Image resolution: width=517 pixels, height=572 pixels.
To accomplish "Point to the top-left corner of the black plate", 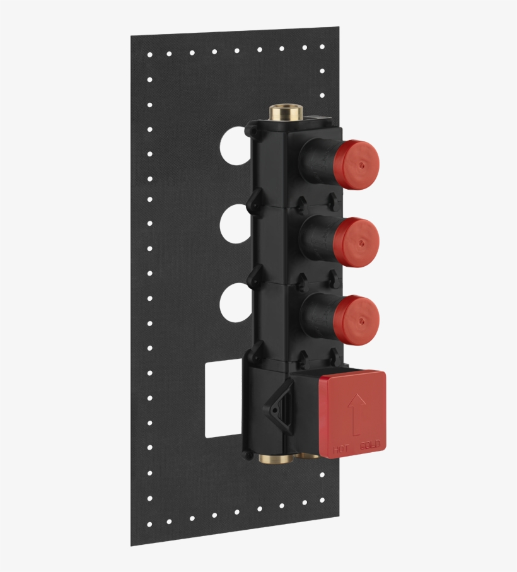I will (132, 37).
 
